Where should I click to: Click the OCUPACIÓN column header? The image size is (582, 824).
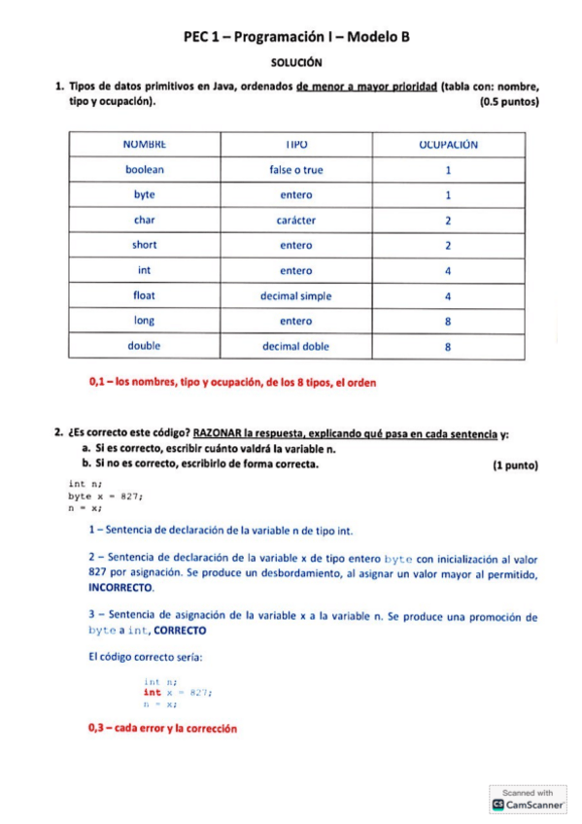448,144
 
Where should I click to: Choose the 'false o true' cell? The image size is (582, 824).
295,169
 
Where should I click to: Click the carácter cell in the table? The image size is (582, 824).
295,220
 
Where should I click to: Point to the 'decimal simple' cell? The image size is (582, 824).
295,295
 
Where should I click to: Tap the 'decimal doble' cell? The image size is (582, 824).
295,346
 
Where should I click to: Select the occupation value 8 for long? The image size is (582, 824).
448,321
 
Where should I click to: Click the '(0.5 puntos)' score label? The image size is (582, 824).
509,101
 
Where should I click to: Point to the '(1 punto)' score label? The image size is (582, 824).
515,465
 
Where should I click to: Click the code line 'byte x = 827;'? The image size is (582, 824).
106,496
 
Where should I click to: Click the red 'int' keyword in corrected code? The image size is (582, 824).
152,693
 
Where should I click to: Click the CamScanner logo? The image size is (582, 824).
528,804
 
